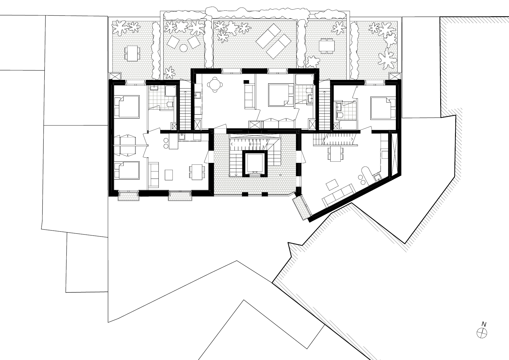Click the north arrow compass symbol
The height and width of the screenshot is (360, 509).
click(482, 333)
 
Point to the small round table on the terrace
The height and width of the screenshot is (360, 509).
click(183, 47)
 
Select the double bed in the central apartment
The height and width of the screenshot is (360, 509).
click(279, 95)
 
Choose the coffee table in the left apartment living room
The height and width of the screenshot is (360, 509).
click(169, 174)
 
